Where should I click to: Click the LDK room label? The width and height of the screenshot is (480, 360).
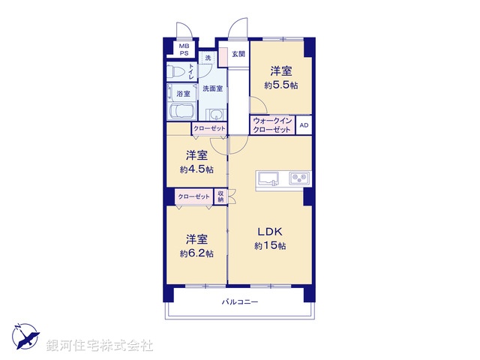pos(271,232)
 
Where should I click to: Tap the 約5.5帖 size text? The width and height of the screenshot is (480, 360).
pos(280,85)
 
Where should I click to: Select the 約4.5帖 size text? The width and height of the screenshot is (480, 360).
pos(196,169)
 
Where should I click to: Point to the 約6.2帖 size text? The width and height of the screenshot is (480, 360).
pos(196,253)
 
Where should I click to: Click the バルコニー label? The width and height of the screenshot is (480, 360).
pos(239,301)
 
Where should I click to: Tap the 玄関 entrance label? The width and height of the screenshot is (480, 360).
pos(238,53)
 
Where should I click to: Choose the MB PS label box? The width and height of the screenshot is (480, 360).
pos(184,49)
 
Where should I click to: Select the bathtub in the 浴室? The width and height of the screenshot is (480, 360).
pos(183,112)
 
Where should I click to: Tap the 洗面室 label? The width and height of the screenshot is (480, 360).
pos(212,88)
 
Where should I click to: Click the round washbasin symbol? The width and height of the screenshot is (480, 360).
pos(216,115)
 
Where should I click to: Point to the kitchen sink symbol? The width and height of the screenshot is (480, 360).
pos(268,178)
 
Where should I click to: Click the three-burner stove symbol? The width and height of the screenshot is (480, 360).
pos(300,178)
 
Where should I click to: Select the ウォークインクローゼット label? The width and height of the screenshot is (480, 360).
pos(272,125)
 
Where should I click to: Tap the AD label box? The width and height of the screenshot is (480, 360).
pos(304,125)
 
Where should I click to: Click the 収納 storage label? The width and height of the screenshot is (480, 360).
pos(221,196)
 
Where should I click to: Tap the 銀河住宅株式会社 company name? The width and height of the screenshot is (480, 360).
pos(100,346)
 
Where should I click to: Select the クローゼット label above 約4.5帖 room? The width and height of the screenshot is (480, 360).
pos(209,129)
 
